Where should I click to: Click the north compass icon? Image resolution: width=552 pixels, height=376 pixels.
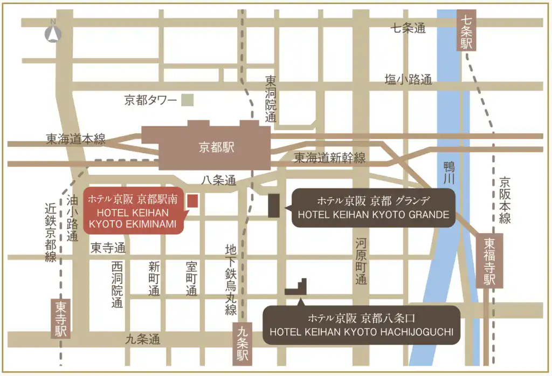(53, 33)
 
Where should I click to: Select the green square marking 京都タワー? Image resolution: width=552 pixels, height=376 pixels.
(187, 100)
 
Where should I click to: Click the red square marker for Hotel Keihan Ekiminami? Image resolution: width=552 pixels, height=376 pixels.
(192, 201)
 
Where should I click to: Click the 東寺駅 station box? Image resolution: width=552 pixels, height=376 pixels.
(60, 319)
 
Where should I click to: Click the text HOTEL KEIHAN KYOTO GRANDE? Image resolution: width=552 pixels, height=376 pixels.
(373, 215)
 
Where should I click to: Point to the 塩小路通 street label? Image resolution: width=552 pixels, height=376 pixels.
(408, 80)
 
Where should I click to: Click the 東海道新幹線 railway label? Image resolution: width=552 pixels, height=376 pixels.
(329, 158)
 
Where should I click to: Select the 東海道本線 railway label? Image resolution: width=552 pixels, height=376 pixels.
(75, 140)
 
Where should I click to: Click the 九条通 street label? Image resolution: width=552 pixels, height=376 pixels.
(143, 339)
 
